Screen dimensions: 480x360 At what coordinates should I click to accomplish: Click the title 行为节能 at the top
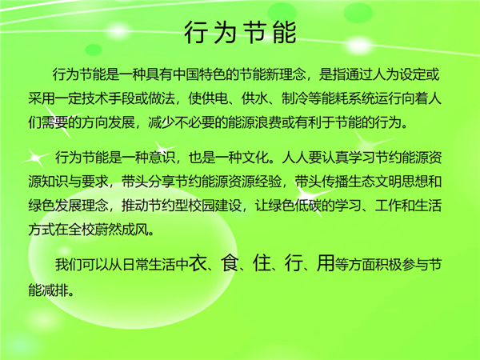240,32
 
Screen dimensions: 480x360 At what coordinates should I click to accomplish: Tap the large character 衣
198,263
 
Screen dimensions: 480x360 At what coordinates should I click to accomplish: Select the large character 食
230,263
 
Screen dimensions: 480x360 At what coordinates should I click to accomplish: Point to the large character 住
262,263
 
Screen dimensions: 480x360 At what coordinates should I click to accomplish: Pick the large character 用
326,263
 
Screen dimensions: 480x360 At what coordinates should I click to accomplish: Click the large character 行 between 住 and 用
294,263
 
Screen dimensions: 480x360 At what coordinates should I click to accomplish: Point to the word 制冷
294,98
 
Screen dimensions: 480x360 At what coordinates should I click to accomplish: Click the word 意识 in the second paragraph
162,158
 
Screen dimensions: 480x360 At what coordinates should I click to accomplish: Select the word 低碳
308,206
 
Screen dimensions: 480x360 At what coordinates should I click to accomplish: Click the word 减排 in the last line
55,290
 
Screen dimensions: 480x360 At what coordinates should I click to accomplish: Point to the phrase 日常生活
149,265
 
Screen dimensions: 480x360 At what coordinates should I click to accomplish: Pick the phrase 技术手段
108,98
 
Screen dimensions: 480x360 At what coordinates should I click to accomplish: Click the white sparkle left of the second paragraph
36,158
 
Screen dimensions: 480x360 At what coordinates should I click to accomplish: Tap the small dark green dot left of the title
94,50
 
